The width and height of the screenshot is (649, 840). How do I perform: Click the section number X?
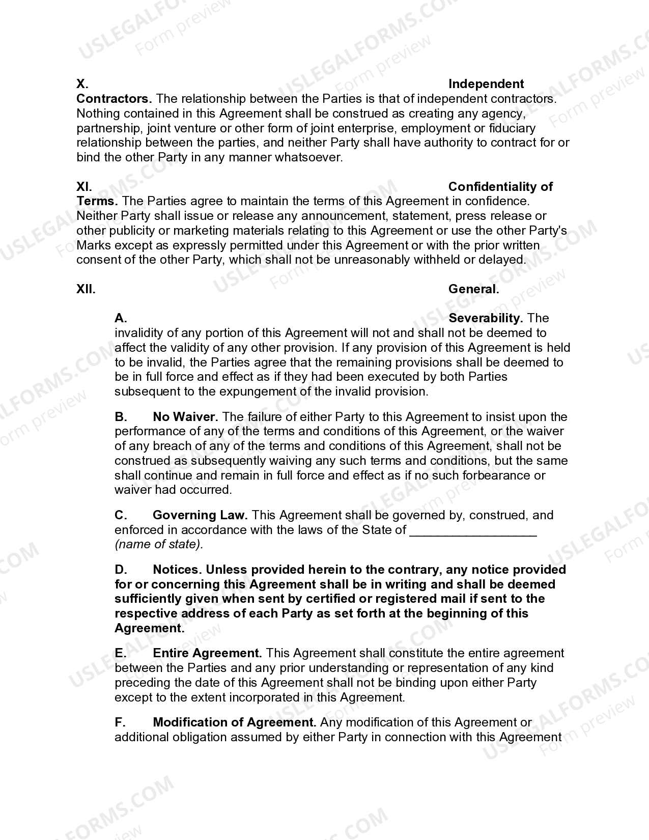(x=82, y=84)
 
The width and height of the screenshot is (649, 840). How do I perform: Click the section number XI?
(x=84, y=187)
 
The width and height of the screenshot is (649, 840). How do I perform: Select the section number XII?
(x=86, y=289)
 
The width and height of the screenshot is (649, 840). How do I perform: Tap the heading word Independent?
(x=486, y=84)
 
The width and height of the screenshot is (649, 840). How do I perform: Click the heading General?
(x=473, y=289)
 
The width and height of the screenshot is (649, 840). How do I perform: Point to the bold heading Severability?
(x=485, y=318)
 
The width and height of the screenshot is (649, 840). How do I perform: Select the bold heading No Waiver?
(x=185, y=417)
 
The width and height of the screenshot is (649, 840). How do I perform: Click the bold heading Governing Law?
(x=200, y=515)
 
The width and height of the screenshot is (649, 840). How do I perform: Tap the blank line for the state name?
(x=473, y=530)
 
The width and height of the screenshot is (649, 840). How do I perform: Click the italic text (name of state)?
(x=159, y=544)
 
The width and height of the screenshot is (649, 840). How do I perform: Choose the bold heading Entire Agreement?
(x=207, y=653)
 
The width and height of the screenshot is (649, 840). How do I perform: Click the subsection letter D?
(x=121, y=570)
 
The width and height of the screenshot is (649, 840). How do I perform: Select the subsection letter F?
(x=120, y=722)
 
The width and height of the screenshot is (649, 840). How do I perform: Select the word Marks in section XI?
(x=93, y=245)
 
